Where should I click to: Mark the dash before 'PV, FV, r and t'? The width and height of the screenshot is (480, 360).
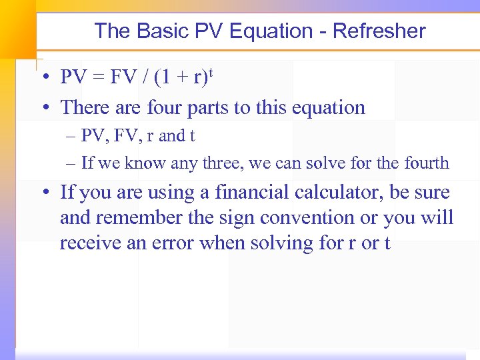click(71, 137)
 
